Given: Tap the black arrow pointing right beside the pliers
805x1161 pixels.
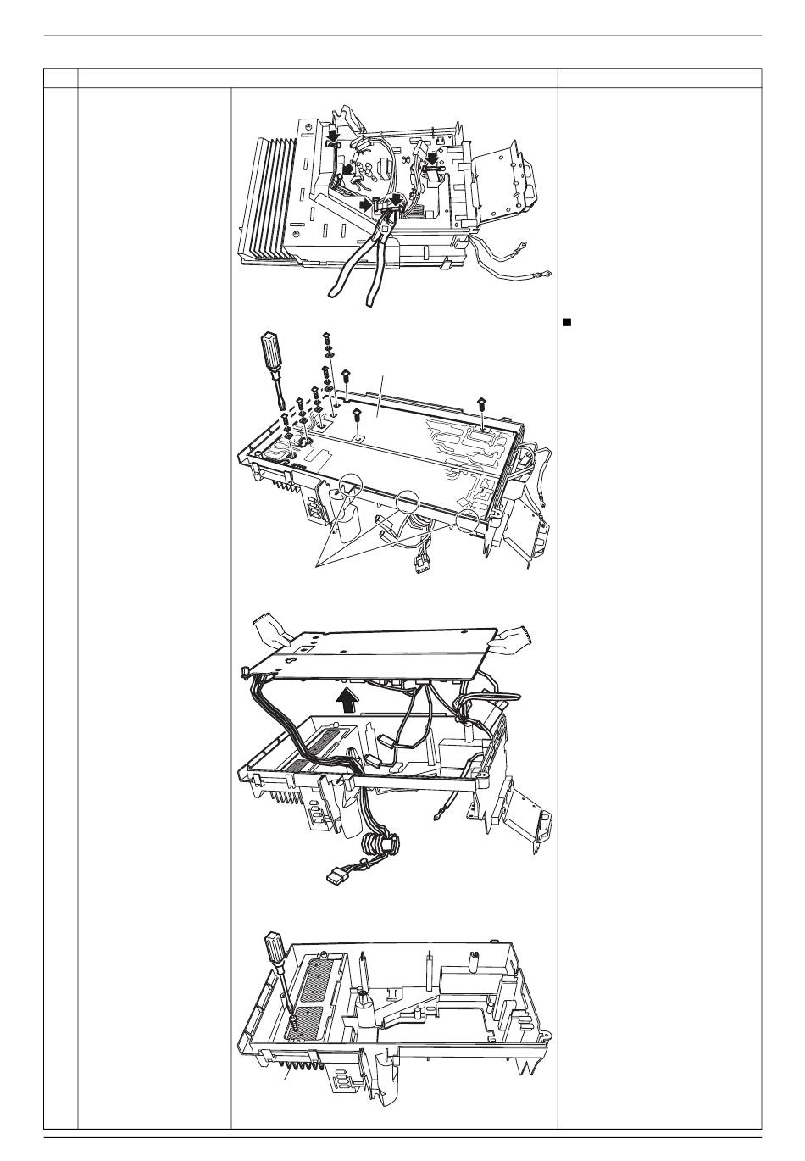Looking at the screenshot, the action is tap(366, 203).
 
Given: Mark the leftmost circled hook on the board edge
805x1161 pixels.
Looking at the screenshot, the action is tap(351, 486).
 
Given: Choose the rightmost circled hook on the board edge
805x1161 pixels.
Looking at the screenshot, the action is tap(468, 519).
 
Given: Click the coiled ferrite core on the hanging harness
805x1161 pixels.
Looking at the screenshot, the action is tap(380, 845).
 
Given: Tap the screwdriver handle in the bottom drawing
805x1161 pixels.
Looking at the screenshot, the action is tap(275, 949).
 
